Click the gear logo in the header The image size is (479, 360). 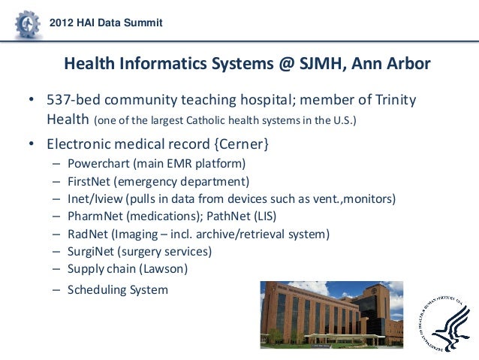tap(27, 26)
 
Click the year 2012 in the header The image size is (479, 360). tap(62, 23)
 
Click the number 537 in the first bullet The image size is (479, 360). tap(59, 100)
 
